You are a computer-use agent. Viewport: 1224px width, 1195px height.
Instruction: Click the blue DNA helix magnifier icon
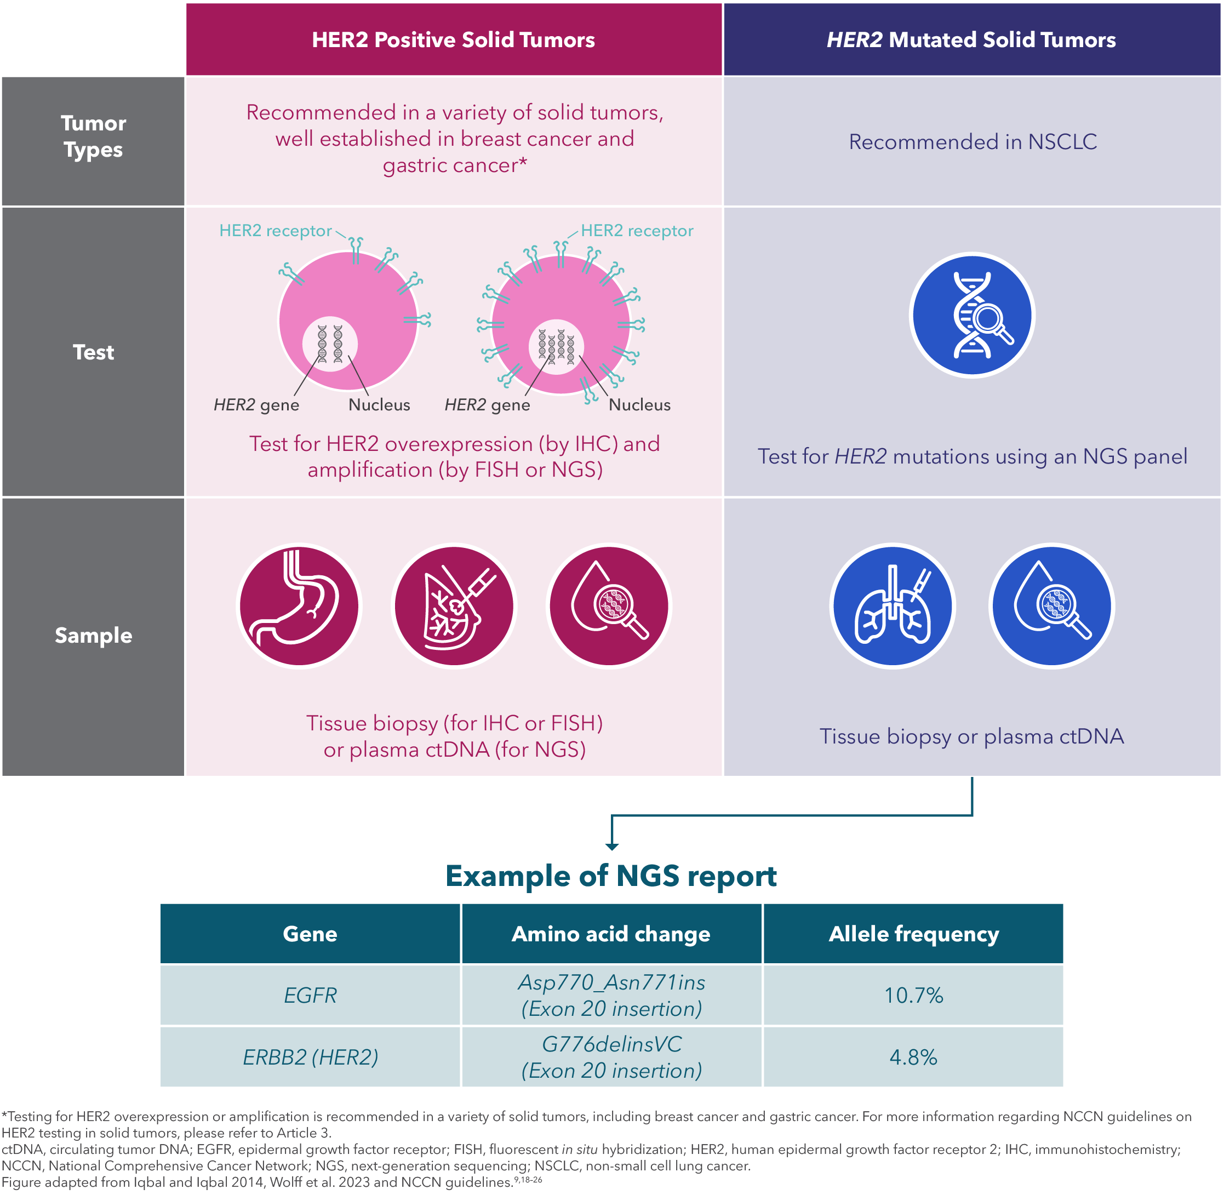[973, 315]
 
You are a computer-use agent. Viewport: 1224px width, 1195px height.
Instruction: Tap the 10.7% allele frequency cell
[913, 995]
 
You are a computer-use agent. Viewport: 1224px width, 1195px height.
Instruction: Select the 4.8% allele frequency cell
[913, 1057]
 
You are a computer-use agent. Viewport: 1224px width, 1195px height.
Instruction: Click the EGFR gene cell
[310, 995]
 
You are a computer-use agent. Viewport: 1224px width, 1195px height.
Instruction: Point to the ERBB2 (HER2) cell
[310, 1057]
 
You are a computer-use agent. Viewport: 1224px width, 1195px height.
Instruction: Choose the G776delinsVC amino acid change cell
[611, 1057]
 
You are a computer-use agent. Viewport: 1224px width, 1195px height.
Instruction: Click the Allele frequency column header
[913, 934]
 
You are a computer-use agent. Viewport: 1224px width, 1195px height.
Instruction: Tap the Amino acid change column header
[611, 934]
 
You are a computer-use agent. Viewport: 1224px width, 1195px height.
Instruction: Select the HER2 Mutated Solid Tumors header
[971, 39]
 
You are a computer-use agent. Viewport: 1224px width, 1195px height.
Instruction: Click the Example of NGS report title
[611, 876]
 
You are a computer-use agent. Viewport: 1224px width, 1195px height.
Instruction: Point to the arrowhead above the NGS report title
[612, 846]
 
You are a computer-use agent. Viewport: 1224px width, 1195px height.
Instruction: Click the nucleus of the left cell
[330, 344]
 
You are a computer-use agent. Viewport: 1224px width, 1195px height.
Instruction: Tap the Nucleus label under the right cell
[639, 405]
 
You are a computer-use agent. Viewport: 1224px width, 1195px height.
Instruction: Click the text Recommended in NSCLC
[973, 142]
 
